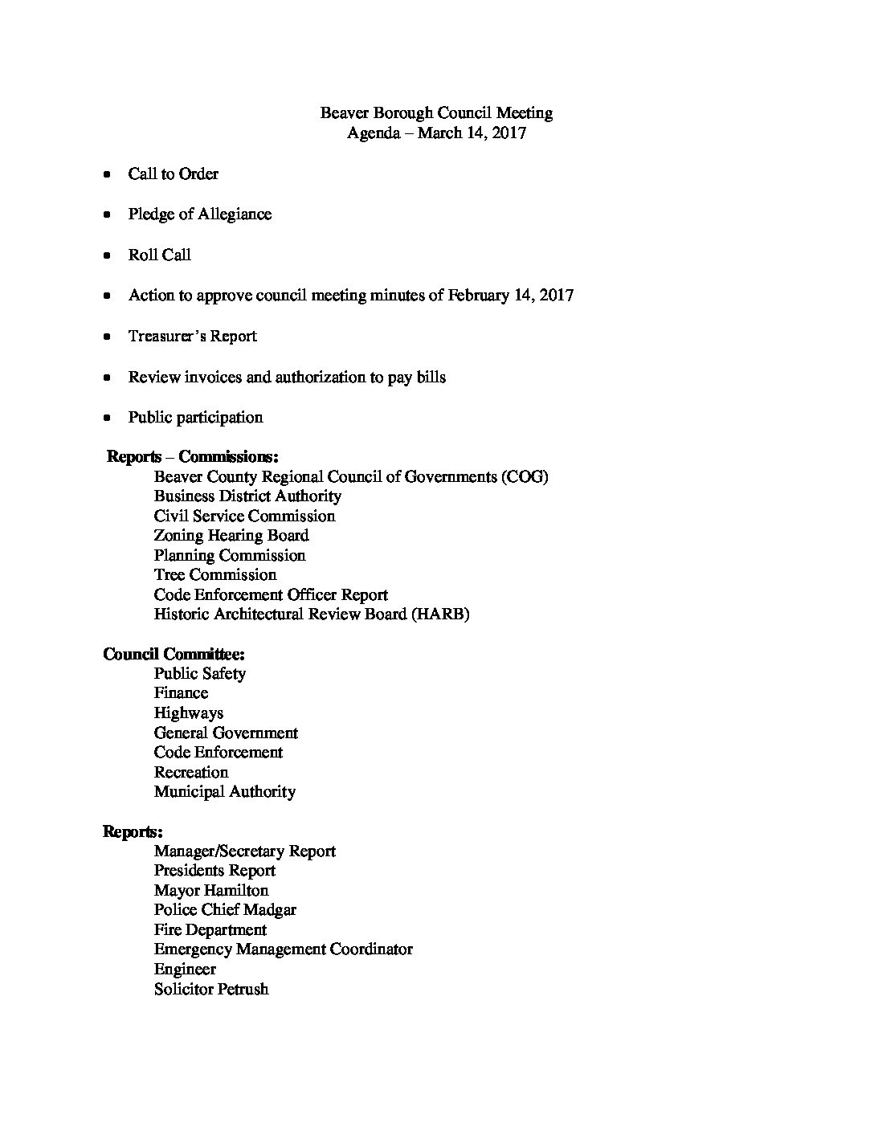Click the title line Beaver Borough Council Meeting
(436, 113)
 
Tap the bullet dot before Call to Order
(107, 174)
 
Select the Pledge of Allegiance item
(199, 214)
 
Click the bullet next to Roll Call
(107, 255)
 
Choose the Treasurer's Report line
(192, 337)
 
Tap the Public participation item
(195, 418)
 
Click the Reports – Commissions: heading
(193, 457)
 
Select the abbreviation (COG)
(524, 477)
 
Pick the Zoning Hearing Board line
(231, 536)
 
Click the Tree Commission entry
(215, 575)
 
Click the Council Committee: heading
(174, 655)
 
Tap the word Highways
(189, 713)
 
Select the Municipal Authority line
(225, 792)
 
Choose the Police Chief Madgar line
(225, 910)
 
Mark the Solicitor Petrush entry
(211, 989)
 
